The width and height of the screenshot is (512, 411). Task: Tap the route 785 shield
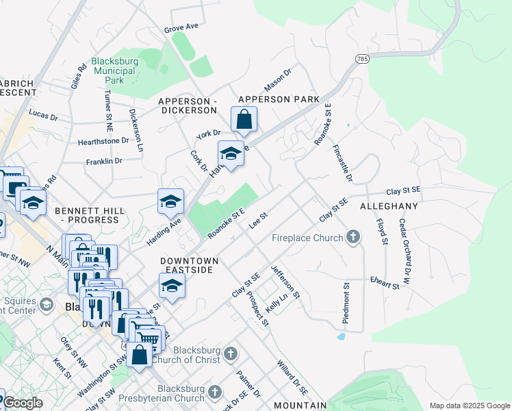click(362, 60)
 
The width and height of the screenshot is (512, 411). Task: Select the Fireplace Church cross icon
click(353, 237)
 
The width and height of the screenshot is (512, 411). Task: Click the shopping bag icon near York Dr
click(244, 121)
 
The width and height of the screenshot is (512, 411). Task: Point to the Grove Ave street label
click(181, 27)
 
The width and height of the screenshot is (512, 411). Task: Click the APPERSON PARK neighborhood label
click(279, 99)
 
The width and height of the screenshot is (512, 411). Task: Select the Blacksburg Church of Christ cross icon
click(231, 354)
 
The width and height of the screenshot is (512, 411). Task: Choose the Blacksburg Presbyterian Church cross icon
click(215, 391)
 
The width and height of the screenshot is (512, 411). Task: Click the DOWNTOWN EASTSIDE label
click(190, 266)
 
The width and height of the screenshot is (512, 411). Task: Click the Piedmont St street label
click(346, 295)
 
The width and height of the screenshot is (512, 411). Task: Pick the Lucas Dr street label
click(43, 114)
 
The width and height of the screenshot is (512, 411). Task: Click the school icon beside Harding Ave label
click(170, 201)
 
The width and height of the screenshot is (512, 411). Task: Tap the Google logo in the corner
click(22, 403)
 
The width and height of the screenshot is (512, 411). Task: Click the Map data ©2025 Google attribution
click(469, 406)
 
